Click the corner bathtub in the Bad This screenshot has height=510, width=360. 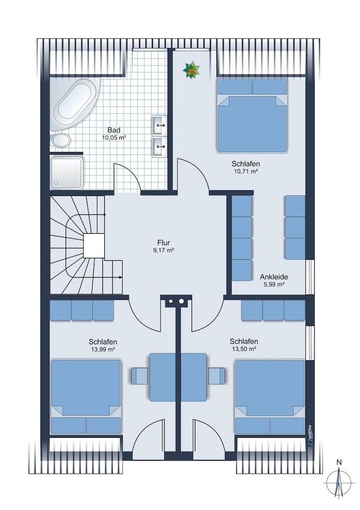[75, 104]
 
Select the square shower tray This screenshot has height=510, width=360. [66, 173]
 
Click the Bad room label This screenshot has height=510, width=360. [114, 130]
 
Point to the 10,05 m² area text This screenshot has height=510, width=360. [114, 137]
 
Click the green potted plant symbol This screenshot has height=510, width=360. [191, 69]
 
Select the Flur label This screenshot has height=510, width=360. [163, 243]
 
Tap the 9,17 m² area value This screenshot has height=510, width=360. [163, 250]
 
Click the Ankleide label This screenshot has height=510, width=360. [274, 277]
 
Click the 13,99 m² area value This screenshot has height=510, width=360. [103, 349]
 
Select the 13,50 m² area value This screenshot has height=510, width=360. [243, 348]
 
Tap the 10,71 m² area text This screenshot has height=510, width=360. [245, 171]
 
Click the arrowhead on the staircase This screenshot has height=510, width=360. [120, 278]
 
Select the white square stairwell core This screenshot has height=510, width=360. [93, 246]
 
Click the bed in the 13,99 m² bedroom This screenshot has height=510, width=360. [86, 397]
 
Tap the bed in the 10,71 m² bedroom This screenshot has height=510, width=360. [252, 115]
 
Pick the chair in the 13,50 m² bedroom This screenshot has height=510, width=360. [217, 376]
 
